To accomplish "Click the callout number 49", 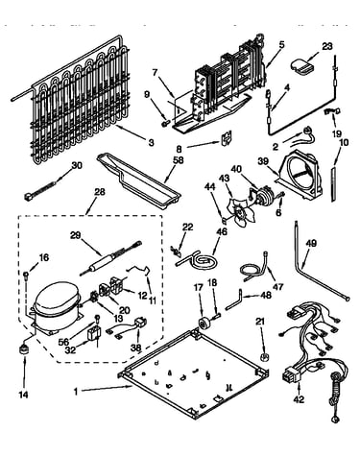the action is (311, 244).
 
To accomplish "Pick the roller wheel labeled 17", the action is (203, 323).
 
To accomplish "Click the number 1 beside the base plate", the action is (76, 392).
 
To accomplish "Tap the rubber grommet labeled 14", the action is (23, 349).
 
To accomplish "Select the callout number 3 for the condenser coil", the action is (151, 142).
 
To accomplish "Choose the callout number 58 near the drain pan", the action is (179, 160).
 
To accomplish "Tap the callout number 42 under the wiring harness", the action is (299, 399).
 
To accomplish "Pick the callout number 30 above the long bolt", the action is (77, 165).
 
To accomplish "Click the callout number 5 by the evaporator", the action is (281, 44).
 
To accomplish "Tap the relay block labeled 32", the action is (94, 334).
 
